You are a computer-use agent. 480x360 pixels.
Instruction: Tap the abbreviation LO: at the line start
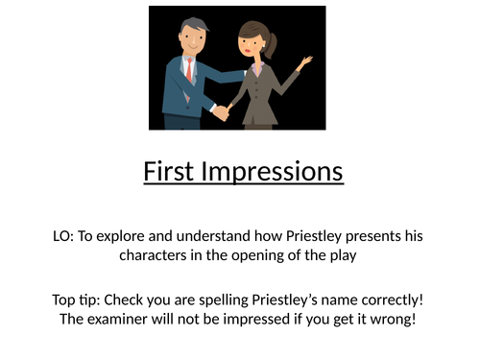click(70, 236)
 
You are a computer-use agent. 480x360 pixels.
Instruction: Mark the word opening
click(253, 256)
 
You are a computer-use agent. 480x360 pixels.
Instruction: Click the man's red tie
click(189, 69)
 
